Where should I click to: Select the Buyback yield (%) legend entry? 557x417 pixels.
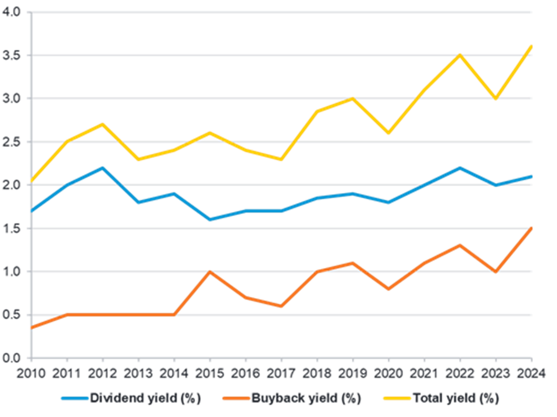tap(291, 399)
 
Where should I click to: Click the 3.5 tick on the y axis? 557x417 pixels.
tap(13, 55)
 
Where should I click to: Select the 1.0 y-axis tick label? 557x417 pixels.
tap(13, 272)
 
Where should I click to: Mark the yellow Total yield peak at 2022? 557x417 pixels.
tap(460, 54)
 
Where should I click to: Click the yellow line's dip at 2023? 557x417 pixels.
tap(496, 99)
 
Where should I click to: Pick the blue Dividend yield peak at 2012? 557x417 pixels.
tap(102, 167)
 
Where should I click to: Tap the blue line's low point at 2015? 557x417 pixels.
tap(210, 219)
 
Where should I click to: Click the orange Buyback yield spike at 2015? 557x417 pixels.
tap(210, 271)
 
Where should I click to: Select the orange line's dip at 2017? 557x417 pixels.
tap(281, 306)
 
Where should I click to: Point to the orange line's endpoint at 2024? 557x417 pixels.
tap(531, 228)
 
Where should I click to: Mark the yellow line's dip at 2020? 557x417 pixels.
tap(389, 134)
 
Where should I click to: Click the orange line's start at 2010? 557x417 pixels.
tap(31, 327)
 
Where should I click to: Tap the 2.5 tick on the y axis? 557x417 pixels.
tap(13, 142)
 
